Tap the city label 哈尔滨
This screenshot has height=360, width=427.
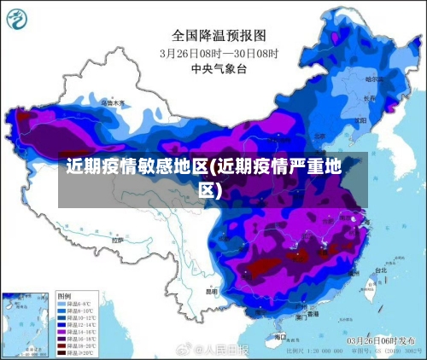pyautogui.click(x=374, y=78)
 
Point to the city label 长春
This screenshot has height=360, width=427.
pyautogui.click(x=369, y=97)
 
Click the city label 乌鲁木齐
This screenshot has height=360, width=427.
pyautogui.click(x=113, y=102)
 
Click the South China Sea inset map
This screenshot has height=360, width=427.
pyautogui.click(x=25, y=324)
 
